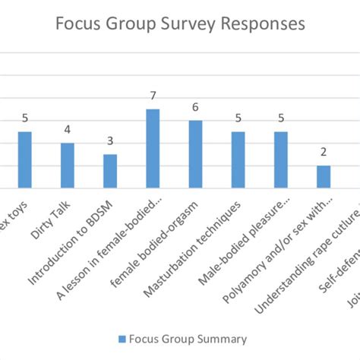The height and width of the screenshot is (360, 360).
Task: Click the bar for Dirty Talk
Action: click(x=68, y=165)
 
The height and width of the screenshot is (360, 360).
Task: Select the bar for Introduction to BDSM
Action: click(x=110, y=171)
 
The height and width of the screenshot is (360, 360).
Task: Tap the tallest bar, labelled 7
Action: click(x=153, y=148)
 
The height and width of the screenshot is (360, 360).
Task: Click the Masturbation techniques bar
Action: click(x=238, y=159)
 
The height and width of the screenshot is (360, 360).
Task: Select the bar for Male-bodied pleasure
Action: click(x=281, y=159)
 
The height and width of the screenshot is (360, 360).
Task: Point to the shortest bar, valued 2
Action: click(x=324, y=176)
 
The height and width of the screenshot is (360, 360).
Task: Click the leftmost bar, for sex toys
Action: click(x=25, y=159)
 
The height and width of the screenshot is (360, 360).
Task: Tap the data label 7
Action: click(x=153, y=96)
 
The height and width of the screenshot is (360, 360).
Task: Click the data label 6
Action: click(x=195, y=107)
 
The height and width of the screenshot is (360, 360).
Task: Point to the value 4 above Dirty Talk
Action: click(x=68, y=130)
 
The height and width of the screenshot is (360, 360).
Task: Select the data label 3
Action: click(x=110, y=141)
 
